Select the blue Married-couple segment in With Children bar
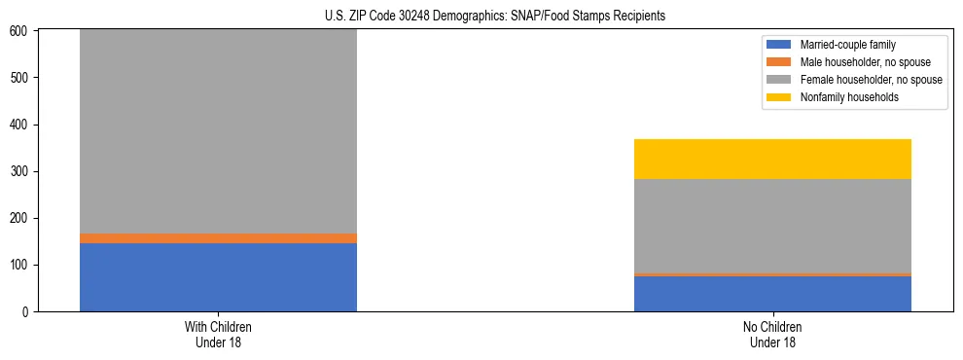(218, 277)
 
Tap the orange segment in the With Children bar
(218, 238)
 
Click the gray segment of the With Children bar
(218, 131)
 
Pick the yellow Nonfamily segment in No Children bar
(772, 159)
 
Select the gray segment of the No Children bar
(772, 226)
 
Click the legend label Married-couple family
(842, 45)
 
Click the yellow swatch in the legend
(779, 97)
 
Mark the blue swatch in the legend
(779, 45)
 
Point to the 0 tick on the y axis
(26, 312)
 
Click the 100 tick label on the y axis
(20, 266)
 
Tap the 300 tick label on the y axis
(20, 171)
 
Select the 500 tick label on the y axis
(20, 78)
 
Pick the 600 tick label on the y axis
(20, 31)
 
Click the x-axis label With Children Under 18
(218, 334)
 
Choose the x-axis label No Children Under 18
(772, 334)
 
